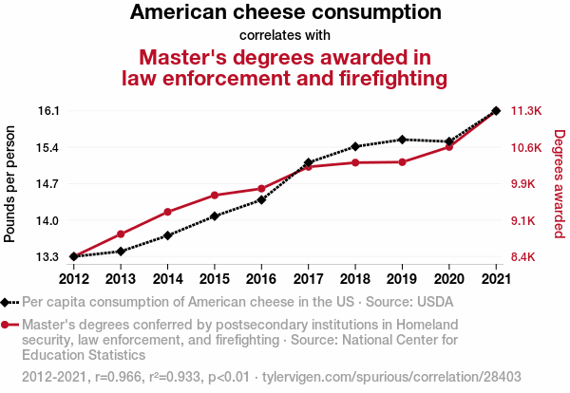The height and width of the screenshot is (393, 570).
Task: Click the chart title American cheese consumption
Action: coord(285,13)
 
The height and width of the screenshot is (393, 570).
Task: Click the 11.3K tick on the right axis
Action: coord(526,111)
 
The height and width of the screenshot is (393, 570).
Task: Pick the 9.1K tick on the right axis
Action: coord(525,220)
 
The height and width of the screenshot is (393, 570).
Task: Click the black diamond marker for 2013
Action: coord(121,251)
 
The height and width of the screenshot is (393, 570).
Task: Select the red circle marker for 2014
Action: coord(167,212)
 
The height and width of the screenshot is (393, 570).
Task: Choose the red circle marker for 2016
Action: coord(261,189)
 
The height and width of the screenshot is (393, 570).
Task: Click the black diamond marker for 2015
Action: coord(215,216)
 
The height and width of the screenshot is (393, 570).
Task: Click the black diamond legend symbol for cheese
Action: coord(10,303)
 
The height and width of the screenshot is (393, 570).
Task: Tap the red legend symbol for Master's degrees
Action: coord(10,324)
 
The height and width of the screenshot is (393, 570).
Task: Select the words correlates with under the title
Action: coord(285,35)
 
